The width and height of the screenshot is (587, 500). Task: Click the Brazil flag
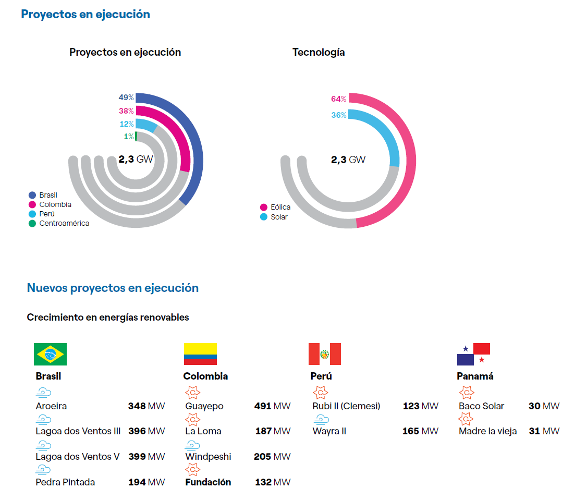click(x=50, y=354)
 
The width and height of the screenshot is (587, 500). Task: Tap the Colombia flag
click(x=200, y=354)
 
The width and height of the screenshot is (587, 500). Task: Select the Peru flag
click(x=325, y=354)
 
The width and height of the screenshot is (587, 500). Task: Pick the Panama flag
click(x=473, y=354)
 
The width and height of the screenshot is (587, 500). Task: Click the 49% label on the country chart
click(x=126, y=97)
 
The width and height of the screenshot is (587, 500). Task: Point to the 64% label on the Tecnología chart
click(x=339, y=99)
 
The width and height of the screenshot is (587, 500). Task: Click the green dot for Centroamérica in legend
click(x=32, y=224)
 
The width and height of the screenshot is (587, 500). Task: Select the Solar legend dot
click(x=264, y=217)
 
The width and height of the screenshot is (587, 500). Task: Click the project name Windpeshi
click(x=208, y=457)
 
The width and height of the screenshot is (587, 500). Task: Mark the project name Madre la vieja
click(x=488, y=431)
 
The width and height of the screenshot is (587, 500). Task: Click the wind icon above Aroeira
click(x=43, y=393)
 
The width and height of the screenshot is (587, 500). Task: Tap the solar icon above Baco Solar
click(x=467, y=393)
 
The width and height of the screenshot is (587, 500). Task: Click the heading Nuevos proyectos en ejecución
click(x=113, y=288)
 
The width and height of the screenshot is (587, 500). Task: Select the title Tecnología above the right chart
click(x=319, y=52)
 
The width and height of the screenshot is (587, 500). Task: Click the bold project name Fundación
click(x=208, y=482)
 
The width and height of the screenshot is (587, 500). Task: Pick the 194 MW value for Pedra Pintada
click(x=146, y=482)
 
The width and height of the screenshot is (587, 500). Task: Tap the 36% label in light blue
click(x=339, y=115)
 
